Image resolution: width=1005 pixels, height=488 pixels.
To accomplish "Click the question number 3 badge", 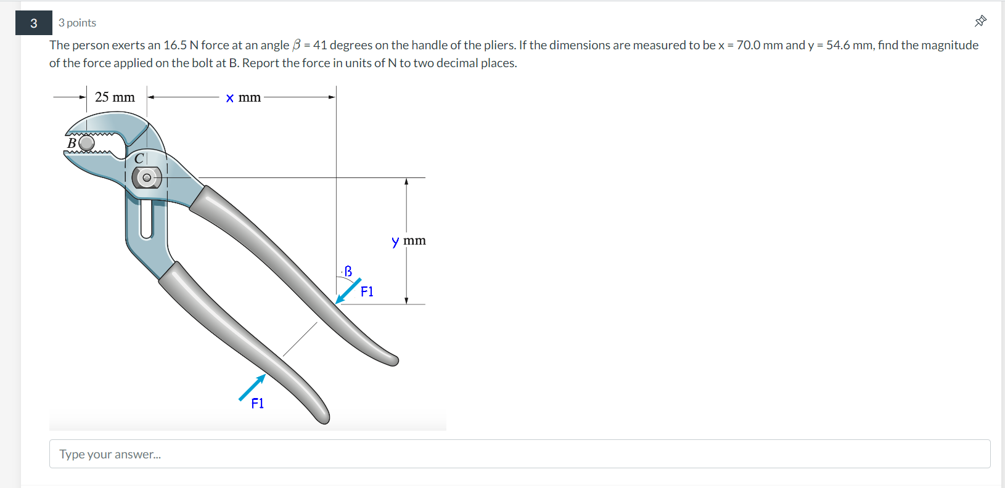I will click(33, 23).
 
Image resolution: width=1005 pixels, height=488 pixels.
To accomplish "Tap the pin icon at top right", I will click(980, 22).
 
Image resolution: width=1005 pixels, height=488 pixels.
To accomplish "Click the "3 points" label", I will click(77, 23).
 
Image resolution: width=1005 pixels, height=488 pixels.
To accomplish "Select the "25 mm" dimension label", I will click(115, 97).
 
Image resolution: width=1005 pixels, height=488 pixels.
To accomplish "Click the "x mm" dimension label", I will click(243, 97).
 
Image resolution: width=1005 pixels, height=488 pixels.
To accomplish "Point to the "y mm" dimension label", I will click(409, 240).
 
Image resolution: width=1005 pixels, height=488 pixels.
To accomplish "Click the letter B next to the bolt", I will click(72, 143).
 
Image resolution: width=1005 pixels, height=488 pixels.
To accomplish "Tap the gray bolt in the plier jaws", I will click(86, 143).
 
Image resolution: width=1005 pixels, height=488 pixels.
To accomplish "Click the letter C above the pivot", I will click(139, 158).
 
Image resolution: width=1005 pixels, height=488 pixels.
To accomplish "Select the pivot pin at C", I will click(147, 178).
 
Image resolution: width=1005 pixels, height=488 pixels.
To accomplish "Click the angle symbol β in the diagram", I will click(348, 271).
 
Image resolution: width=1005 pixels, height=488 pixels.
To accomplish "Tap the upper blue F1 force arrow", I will click(348, 291).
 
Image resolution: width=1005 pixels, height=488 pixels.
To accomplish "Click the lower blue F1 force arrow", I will click(252, 388).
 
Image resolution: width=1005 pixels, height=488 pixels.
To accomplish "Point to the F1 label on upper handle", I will click(367, 291).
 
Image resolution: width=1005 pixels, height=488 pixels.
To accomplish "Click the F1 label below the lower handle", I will click(258, 404).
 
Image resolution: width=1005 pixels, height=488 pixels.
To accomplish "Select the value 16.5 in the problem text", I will click(175, 45).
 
